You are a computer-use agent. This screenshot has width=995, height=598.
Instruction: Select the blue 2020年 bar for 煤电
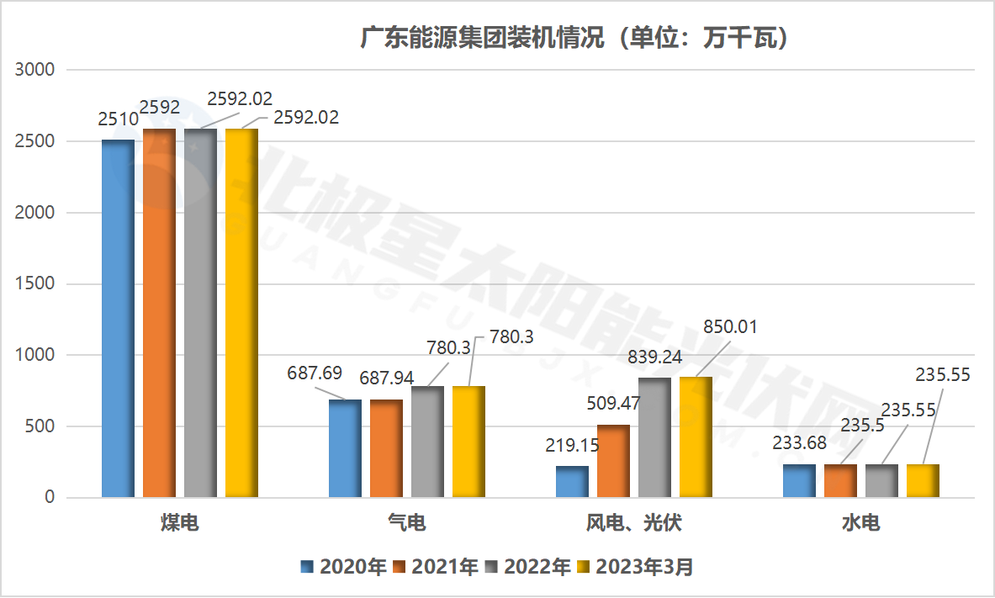point(118,320)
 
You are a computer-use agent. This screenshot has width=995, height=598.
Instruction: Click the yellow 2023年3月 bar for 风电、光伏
point(696,437)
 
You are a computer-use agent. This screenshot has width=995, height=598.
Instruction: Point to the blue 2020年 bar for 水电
point(799,481)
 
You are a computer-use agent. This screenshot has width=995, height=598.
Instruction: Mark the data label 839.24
point(654,357)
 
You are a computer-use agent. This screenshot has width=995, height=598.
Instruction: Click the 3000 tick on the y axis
point(35,70)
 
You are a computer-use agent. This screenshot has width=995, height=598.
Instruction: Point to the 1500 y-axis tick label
point(35,284)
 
